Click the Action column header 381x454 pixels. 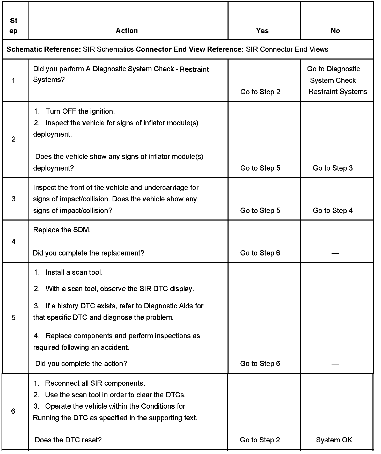[127, 31]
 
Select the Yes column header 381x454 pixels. [262, 31]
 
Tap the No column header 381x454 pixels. [335, 31]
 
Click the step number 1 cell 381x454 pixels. [13, 80]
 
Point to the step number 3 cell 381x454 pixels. [13, 199]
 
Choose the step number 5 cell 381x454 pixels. [13, 318]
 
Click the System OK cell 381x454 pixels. [334, 440]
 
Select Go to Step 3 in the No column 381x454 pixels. [333, 168]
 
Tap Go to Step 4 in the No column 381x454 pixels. [333, 210]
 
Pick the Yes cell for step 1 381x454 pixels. [260, 92]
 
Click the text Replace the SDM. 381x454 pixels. [62, 230]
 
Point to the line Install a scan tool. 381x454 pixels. [74, 272]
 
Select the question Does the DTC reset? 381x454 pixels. [68, 440]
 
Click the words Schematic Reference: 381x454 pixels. [44, 49]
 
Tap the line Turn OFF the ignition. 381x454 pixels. [80, 111]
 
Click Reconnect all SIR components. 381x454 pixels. [95, 383]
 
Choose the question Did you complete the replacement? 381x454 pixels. [88, 253]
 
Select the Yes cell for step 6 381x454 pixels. [260, 440]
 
